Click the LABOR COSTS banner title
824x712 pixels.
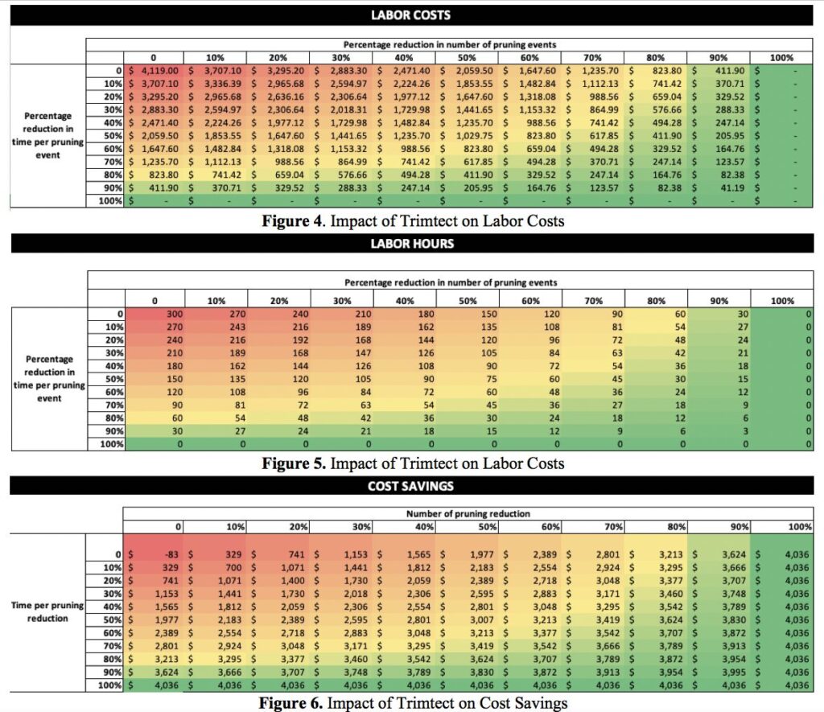pyautogui.click(x=411, y=14)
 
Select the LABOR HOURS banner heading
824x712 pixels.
pyautogui.click(x=411, y=242)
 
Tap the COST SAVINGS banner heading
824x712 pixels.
pyautogui.click(x=411, y=486)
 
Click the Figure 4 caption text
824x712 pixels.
pyautogui.click(x=414, y=221)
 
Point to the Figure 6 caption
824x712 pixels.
pyautogui.click(x=412, y=702)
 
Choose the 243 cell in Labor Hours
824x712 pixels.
pyautogui.click(x=216, y=327)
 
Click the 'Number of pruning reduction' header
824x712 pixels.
pyautogui.click(x=465, y=513)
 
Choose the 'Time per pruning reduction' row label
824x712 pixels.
pyautogui.click(x=51, y=613)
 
